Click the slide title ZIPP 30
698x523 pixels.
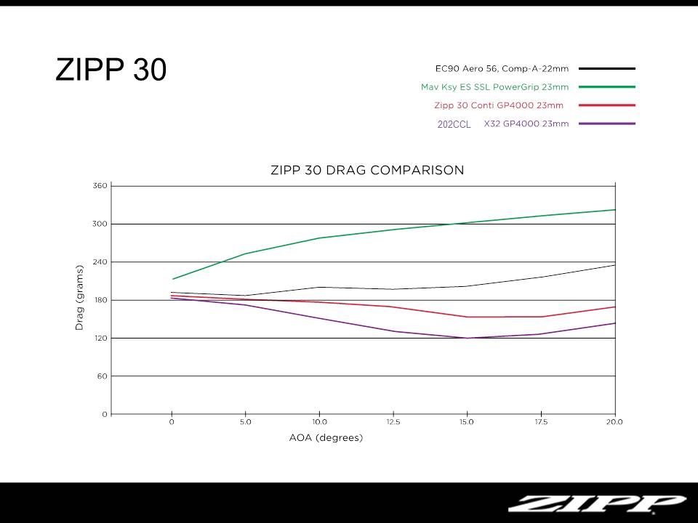point(111,70)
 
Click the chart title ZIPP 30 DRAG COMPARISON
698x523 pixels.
point(366,170)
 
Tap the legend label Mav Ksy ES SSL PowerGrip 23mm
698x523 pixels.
point(494,86)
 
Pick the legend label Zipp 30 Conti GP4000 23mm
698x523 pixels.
point(499,105)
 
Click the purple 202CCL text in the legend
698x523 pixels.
point(454,124)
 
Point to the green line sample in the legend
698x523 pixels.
point(607,86)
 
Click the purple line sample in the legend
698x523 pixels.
point(607,123)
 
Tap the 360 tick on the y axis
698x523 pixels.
point(100,186)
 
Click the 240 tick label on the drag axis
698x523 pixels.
point(100,262)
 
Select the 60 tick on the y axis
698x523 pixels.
point(102,376)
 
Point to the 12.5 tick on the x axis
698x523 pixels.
point(393,422)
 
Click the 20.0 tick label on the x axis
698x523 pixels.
point(614,422)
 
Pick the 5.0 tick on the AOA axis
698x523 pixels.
point(245,422)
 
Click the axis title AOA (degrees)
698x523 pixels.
point(326,438)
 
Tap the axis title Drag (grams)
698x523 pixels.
point(79,299)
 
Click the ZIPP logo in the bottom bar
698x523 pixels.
point(596,503)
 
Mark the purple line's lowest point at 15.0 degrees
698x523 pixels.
point(467,338)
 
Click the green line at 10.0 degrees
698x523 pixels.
point(319,238)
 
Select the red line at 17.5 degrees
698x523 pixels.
point(541,317)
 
